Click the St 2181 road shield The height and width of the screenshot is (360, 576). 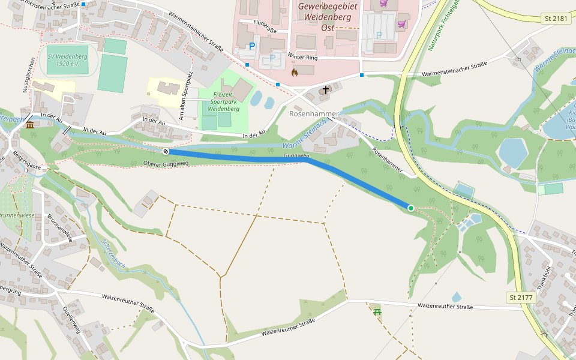coord(556,19)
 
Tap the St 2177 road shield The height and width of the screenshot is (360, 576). coord(520,297)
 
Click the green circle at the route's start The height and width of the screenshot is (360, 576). coord(411,208)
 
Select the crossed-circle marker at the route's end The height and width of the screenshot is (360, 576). coord(166,151)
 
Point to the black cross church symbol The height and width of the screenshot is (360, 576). coord(326,90)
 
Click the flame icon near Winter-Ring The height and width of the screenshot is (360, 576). coord(294,72)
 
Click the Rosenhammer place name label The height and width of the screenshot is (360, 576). coord(314,113)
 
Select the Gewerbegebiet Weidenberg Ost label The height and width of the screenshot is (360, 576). coord(328,17)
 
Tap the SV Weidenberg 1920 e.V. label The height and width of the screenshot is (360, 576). coord(68,59)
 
